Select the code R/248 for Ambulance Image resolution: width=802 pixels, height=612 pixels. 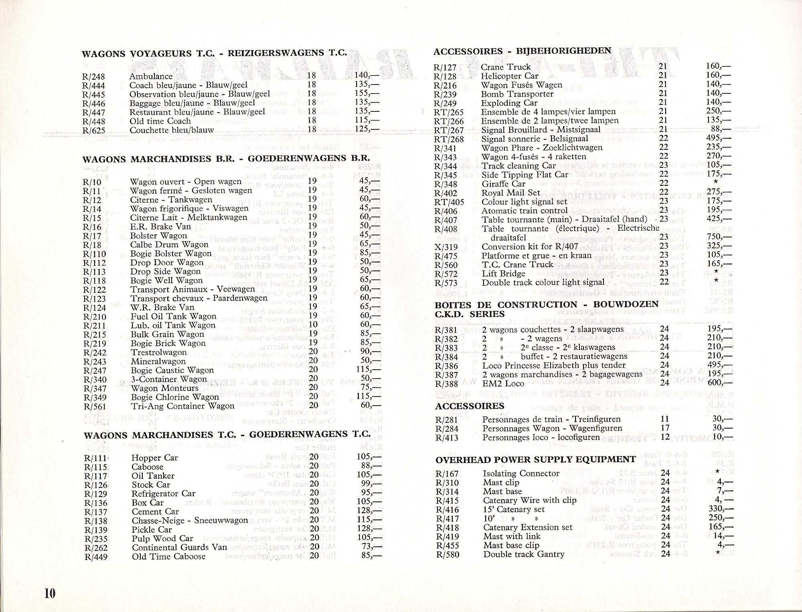(x=94, y=76)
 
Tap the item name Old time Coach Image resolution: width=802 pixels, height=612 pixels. (x=160, y=121)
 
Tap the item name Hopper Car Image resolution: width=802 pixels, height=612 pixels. (x=154, y=458)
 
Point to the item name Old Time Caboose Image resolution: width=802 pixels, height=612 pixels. (x=168, y=556)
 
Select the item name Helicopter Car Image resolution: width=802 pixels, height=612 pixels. (x=510, y=76)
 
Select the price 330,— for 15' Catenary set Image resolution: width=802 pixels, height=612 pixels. (x=720, y=509)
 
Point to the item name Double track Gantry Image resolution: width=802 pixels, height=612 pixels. (x=523, y=554)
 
